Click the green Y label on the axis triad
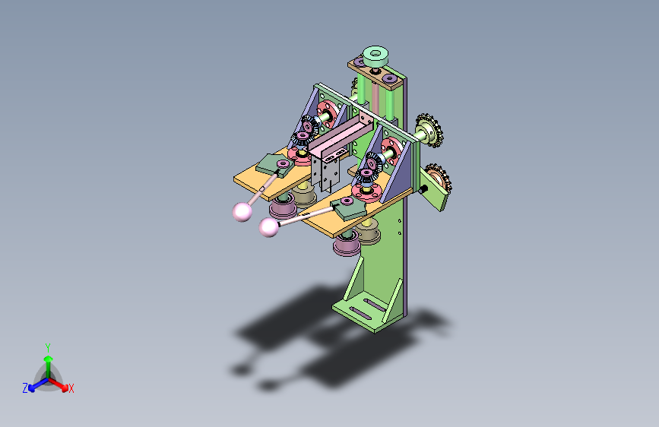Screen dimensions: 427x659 pyautogui.click(x=47, y=346)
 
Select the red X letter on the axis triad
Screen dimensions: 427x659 pyautogui.click(x=71, y=388)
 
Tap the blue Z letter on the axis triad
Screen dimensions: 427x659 pyautogui.click(x=25, y=387)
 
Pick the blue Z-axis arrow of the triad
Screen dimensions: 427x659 pyautogui.click(x=34, y=384)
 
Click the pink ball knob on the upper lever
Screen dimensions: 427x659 pyautogui.click(x=242, y=211)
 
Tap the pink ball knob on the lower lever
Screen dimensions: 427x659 pyautogui.click(x=268, y=226)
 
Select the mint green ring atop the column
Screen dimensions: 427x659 pyautogui.click(x=375, y=55)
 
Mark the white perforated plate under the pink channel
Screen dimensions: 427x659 pyautogui.click(x=329, y=173)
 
